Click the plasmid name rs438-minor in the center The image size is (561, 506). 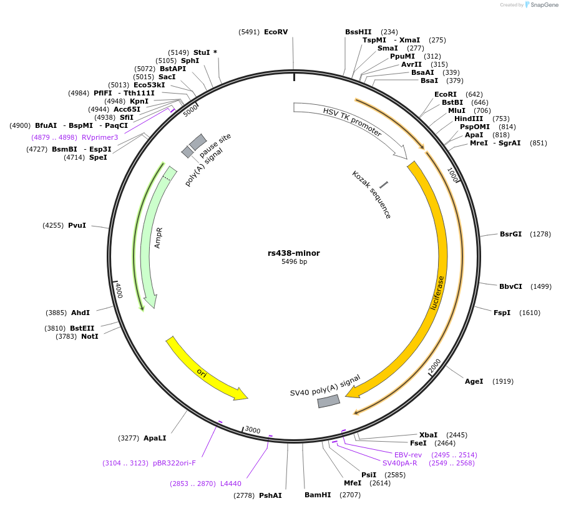pyautogui.click(x=294, y=253)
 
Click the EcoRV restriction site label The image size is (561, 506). pyautogui.click(x=276, y=32)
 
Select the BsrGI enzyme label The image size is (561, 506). pyautogui.click(x=510, y=234)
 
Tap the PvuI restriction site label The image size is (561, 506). pyautogui.click(x=77, y=225)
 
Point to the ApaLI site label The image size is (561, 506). pyautogui.click(x=155, y=438)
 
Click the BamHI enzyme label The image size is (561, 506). pyautogui.click(x=318, y=495)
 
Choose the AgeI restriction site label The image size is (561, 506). pyautogui.click(x=474, y=381)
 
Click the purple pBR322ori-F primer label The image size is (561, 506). pyautogui.click(x=175, y=463)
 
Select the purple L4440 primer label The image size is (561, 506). pyautogui.click(x=230, y=483)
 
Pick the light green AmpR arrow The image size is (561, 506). pyautogui.click(x=155, y=237)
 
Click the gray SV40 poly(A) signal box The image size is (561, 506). pyautogui.click(x=328, y=401)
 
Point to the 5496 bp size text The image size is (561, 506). pyautogui.click(x=294, y=261)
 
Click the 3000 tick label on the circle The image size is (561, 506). pyautogui.click(x=252, y=430)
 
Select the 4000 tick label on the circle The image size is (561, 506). pyautogui.click(x=119, y=290)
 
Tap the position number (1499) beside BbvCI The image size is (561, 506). pyautogui.click(x=541, y=286)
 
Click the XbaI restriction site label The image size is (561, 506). pyautogui.click(x=428, y=435)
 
